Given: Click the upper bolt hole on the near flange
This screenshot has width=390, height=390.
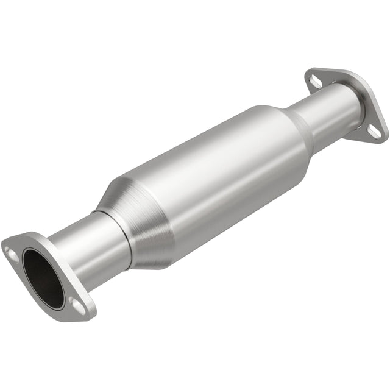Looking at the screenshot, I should click(x=10, y=249).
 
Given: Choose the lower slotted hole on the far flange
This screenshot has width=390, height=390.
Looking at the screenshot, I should click(x=375, y=130).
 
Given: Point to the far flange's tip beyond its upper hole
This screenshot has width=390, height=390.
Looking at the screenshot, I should click(x=308, y=73).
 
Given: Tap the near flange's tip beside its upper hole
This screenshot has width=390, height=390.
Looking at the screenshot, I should click(x=4, y=247).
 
